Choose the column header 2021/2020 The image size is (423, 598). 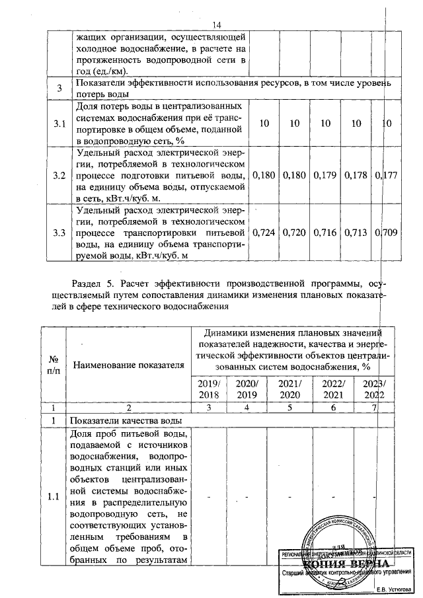[x=289, y=389]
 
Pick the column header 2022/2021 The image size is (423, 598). [x=333, y=389]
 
